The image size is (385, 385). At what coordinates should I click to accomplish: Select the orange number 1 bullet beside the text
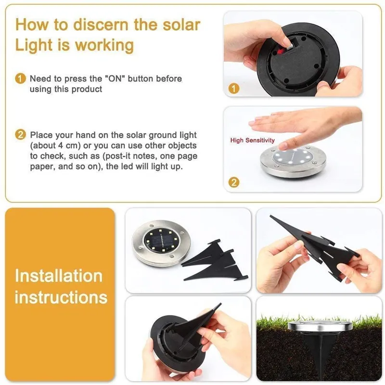pos(20,78)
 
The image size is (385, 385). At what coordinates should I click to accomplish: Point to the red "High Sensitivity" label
pos(252,141)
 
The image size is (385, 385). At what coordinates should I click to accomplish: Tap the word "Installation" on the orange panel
pos(59,276)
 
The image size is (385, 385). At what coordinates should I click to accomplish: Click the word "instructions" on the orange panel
pos(61,297)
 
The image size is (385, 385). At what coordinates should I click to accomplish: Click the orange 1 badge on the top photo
pos(233,89)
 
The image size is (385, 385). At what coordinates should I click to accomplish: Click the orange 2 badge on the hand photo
pos(233,182)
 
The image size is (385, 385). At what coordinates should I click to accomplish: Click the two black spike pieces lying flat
pos(215,262)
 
